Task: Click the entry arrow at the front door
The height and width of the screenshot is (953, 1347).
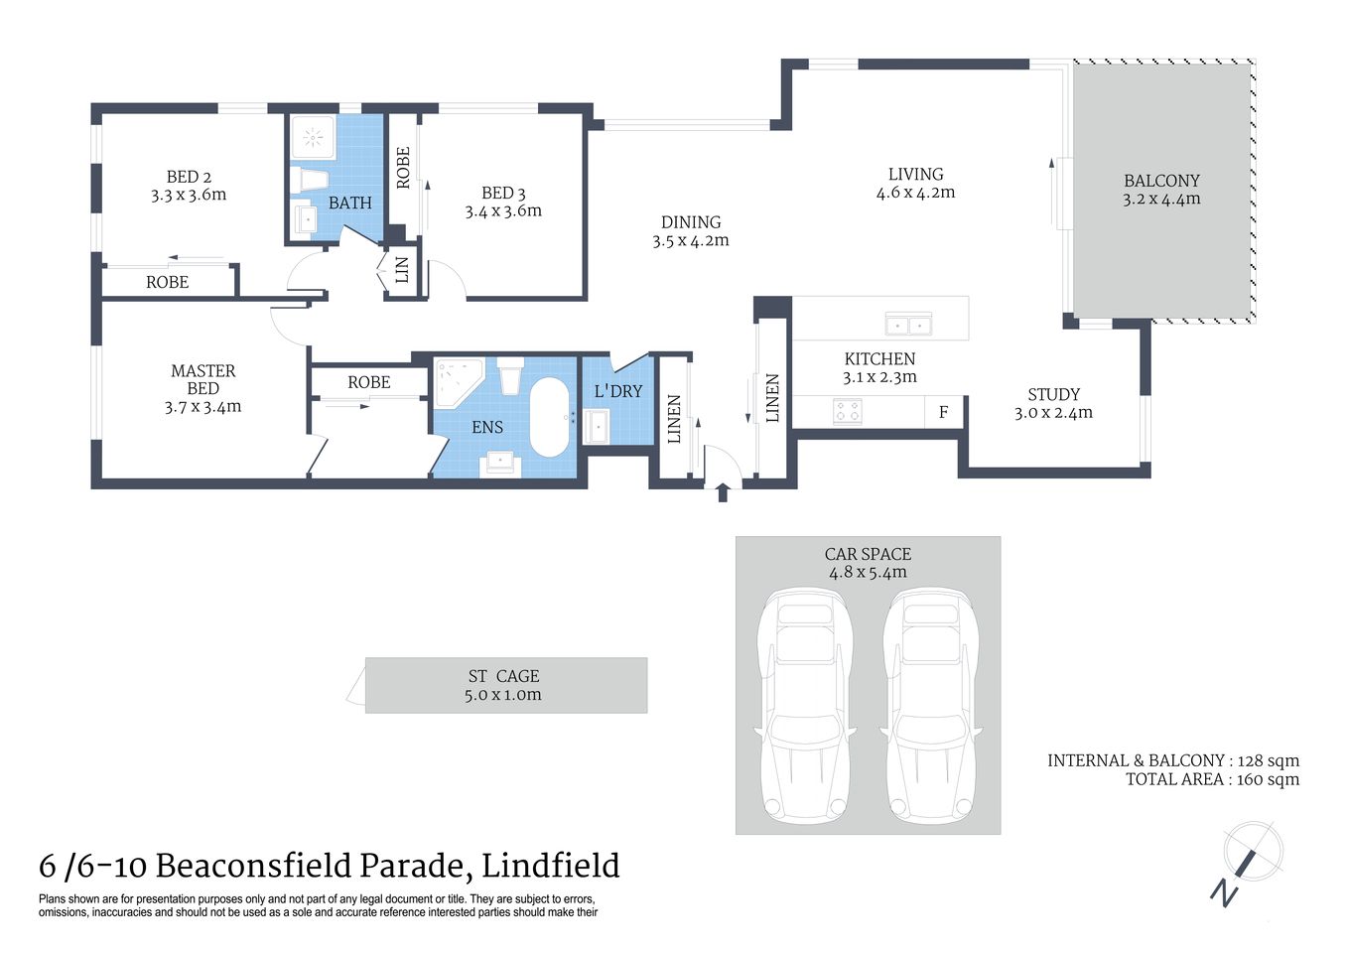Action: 723,491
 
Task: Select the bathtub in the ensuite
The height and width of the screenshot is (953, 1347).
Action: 549,417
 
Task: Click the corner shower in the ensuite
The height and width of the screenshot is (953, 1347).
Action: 457,381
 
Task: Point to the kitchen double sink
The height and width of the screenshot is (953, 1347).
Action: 908,324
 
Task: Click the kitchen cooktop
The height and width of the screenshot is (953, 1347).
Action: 848,411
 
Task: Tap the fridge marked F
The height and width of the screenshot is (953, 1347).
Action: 943,412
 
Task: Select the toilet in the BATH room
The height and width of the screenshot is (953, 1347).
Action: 310,181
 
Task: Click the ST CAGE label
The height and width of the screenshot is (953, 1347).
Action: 503,676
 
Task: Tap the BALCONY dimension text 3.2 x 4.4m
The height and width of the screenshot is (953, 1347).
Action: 1161,199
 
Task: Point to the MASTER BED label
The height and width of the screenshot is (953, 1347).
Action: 202,379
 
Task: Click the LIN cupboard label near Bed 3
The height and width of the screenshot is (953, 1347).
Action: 402,270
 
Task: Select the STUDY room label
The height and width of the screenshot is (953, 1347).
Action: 1053,394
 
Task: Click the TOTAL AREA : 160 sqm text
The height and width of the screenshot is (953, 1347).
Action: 1211,779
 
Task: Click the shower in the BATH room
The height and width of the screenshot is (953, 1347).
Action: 317,136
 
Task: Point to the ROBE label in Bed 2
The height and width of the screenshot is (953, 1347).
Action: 167,282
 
